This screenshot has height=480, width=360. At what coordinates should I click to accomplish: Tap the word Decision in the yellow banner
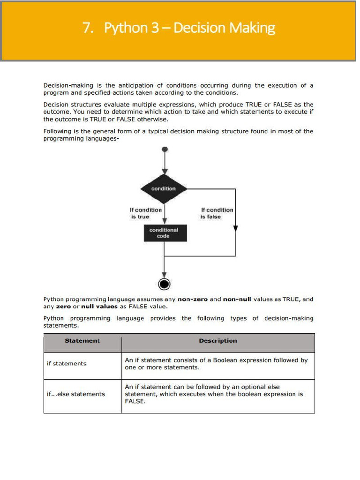pyautogui.click(x=200, y=28)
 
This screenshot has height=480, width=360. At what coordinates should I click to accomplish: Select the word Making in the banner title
pyautogui.click(x=253, y=28)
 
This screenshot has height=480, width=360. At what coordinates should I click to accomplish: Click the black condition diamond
pyautogui.click(x=164, y=188)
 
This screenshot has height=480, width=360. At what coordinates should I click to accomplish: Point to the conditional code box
pyautogui.click(x=164, y=233)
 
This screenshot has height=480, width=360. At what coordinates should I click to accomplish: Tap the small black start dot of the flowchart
pyautogui.click(x=164, y=150)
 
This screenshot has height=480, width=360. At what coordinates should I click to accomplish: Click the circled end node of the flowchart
pyautogui.click(x=164, y=284)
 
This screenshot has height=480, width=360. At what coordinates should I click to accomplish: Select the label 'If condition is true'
pyautogui.click(x=145, y=213)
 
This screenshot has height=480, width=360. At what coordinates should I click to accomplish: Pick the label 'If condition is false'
pyautogui.click(x=217, y=213)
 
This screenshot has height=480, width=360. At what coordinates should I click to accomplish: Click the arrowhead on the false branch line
pyautogui.click(x=235, y=228)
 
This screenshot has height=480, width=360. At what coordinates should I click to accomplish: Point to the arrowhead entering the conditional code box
pyautogui.click(x=164, y=220)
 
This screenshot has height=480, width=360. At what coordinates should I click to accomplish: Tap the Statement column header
pyautogui.click(x=82, y=341)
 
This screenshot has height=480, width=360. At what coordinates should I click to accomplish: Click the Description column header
pyautogui.click(x=218, y=341)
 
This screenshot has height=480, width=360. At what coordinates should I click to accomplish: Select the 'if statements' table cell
pyautogui.click(x=67, y=363)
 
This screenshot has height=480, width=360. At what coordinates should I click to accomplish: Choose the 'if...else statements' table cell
pyautogui.click(x=76, y=394)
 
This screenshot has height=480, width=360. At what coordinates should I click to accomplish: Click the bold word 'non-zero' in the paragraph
pyautogui.click(x=192, y=299)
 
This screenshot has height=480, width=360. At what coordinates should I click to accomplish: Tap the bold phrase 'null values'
pyautogui.click(x=99, y=307)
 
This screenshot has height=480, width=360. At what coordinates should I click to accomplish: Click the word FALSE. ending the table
pyautogui.click(x=135, y=401)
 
